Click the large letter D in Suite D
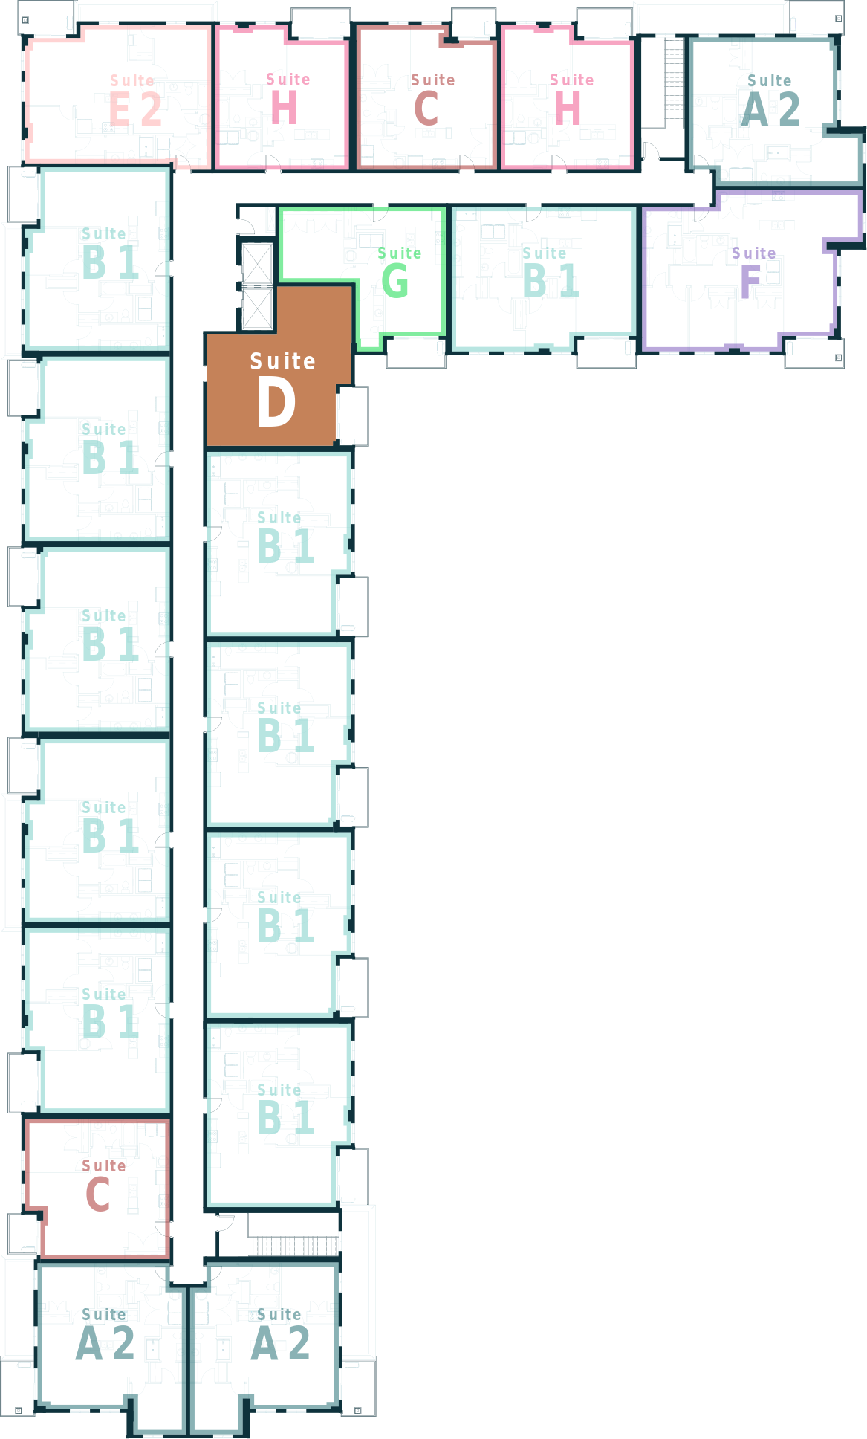click(276, 402)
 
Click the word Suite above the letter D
click(282, 362)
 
